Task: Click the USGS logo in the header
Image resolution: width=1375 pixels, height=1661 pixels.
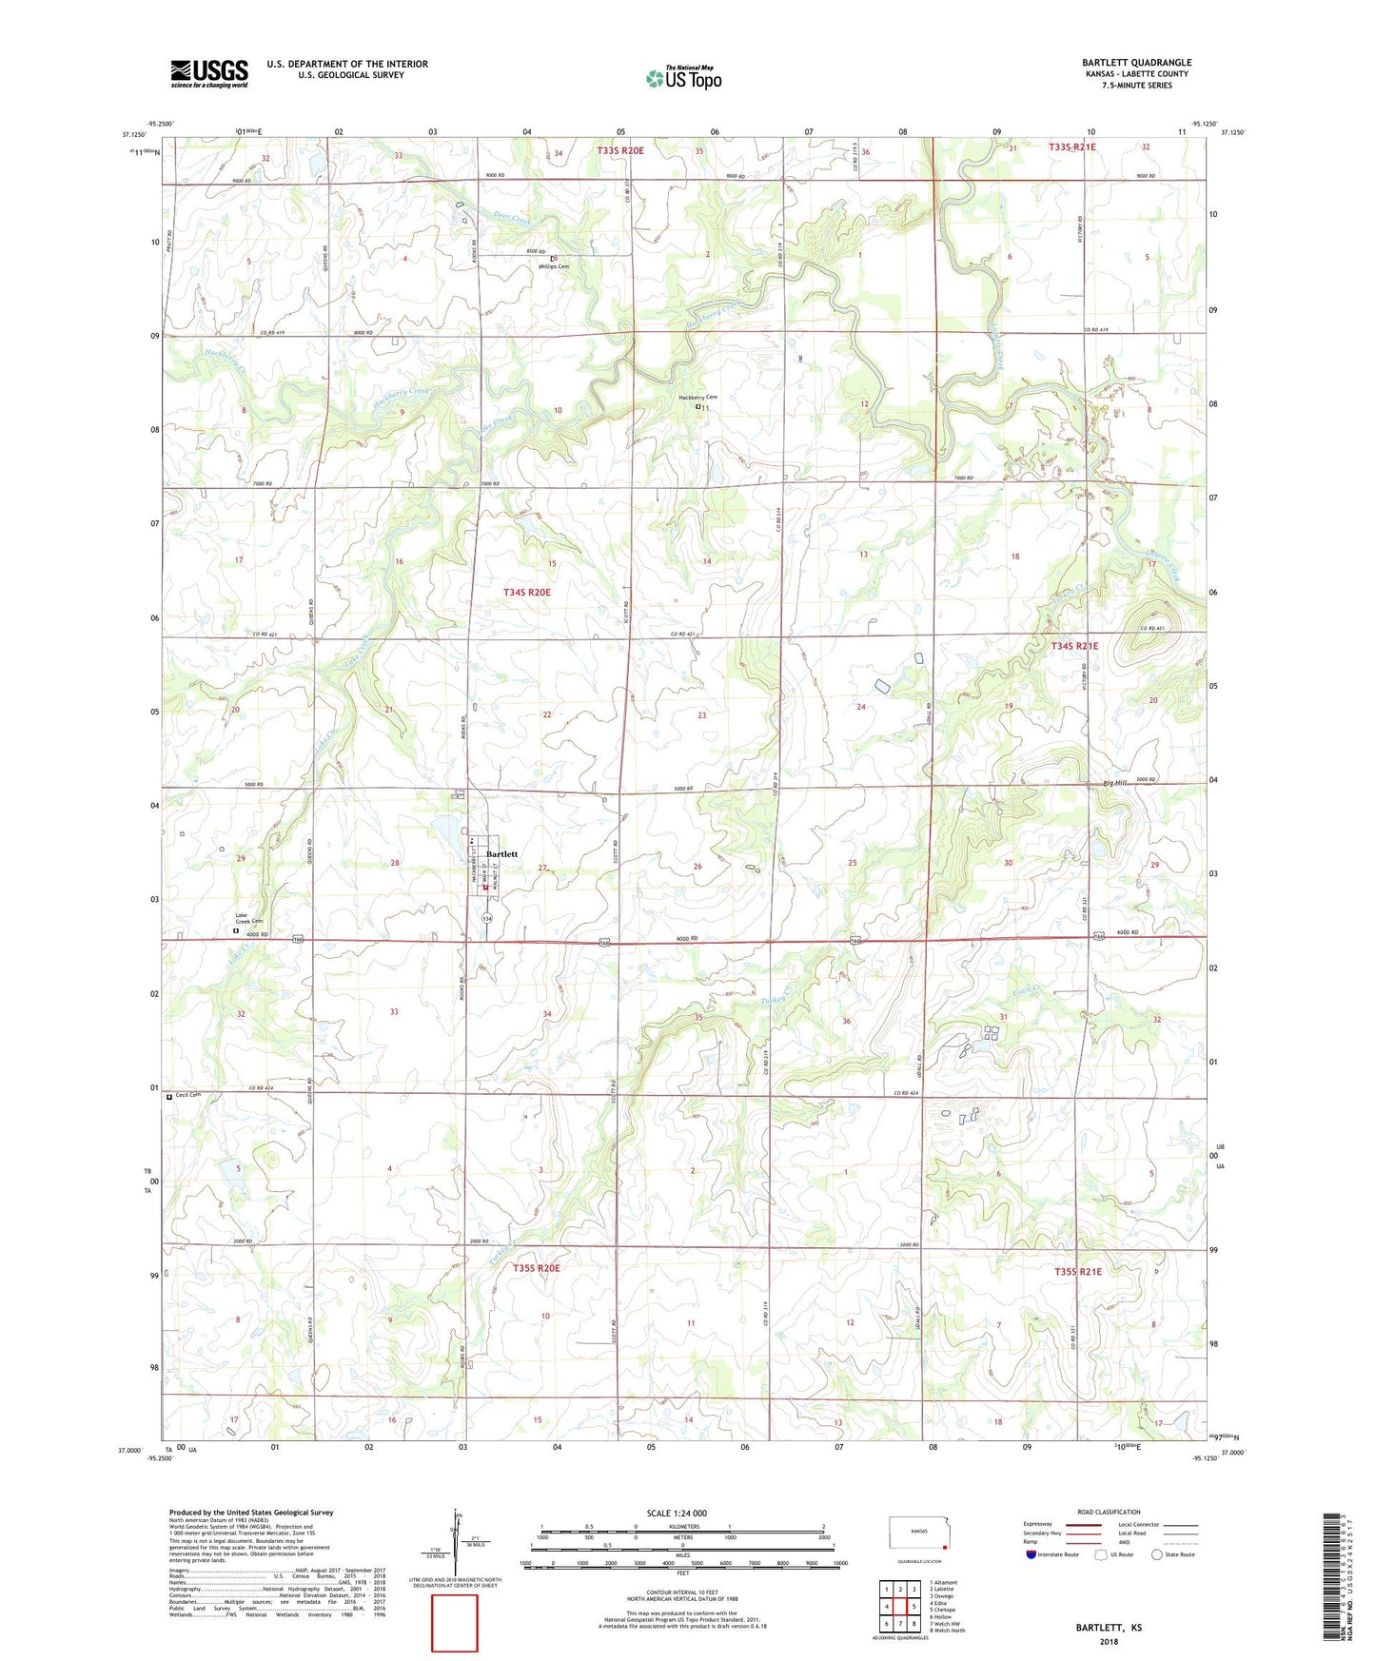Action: point(208,72)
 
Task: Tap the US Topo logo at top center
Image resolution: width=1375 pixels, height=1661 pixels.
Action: point(683,78)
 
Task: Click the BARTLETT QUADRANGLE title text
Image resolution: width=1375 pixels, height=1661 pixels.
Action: point(1136,63)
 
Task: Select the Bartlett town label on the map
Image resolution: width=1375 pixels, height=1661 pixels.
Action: point(501,854)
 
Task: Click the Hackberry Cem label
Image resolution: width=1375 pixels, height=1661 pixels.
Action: point(697,398)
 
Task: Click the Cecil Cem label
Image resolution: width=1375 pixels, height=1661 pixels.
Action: point(187,1095)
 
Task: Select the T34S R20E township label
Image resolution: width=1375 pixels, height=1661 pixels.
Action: point(526,592)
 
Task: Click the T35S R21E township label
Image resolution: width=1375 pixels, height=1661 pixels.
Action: point(1077,1271)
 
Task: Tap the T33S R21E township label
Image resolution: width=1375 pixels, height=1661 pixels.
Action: point(1071,147)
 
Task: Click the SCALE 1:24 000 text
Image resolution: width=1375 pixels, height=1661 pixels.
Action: point(677,1513)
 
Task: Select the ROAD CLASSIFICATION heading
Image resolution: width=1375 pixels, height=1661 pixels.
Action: point(1109,1512)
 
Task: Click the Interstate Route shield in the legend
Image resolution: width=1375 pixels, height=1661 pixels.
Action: point(1031,1554)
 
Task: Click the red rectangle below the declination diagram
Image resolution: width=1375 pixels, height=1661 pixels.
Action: point(454,1624)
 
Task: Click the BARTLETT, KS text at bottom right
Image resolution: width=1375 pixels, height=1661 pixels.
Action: point(1109,1628)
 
